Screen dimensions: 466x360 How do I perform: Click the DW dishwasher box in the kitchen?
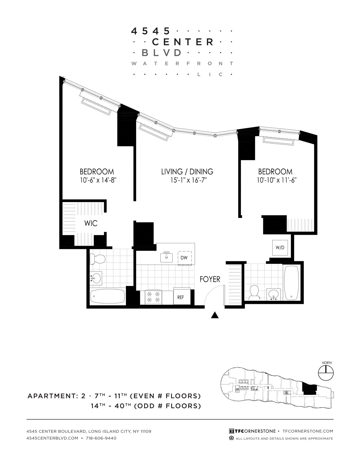184,258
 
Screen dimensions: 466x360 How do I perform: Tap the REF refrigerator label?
181,297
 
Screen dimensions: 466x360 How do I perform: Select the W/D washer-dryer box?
280,247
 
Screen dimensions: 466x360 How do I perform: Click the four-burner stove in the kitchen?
153,297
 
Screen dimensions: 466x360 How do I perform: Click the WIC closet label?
91,223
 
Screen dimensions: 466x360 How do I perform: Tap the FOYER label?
210,279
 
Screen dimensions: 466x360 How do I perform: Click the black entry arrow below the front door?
215,315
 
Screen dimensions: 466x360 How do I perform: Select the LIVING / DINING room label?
187,172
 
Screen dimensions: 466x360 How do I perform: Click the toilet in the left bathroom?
97,259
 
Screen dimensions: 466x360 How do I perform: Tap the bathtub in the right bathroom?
291,283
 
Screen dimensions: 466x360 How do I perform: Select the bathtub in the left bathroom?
107,296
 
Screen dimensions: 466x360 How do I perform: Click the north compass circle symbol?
326,373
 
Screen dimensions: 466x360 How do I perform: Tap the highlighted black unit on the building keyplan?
309,389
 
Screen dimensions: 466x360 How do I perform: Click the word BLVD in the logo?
161,53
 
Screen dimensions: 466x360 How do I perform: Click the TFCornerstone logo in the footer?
252,431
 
